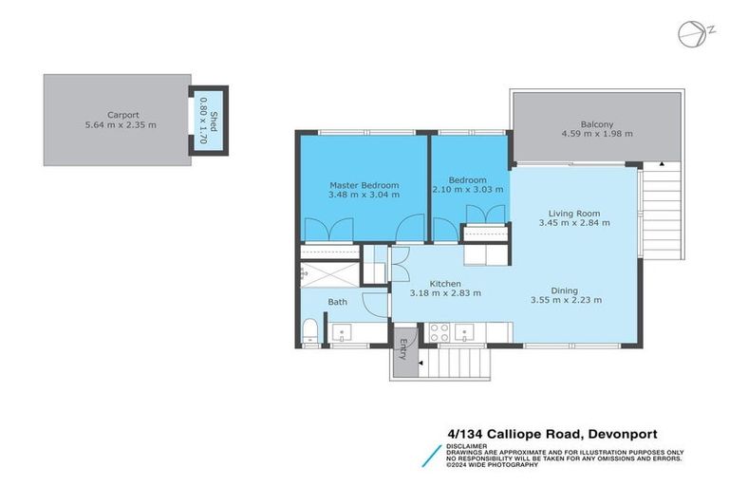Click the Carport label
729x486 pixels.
117,114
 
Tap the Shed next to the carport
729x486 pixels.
208,120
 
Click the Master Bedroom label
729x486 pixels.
364,184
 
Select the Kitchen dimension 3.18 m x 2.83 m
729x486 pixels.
445,293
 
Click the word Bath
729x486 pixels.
338,302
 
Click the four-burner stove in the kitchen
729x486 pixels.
439,332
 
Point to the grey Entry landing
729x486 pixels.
405,350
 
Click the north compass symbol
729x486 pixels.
691,33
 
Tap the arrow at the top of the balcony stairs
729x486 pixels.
662,164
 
